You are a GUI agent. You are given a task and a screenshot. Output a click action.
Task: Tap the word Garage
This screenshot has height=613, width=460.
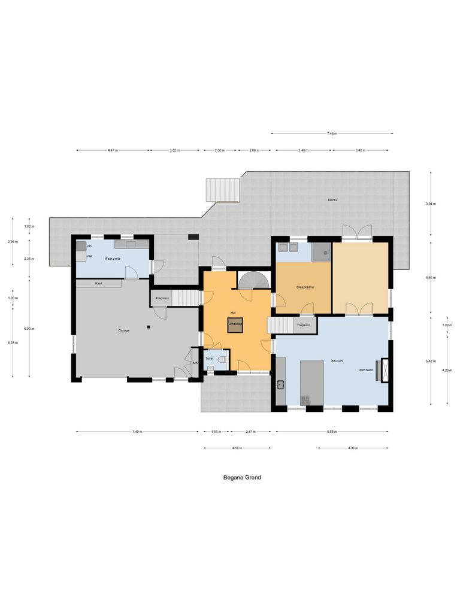pos(124,330)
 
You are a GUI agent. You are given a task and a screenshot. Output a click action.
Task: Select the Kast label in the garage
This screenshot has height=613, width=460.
pos(98,283)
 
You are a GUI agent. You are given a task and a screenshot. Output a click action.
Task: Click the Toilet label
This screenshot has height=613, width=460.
pos(210,359)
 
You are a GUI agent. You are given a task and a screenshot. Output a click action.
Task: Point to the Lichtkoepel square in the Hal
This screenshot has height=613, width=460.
pos(234,325)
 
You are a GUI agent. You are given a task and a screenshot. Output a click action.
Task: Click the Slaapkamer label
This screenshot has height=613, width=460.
pos(305,287)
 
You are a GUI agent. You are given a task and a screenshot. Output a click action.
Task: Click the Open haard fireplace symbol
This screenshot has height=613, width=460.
pos(384,366)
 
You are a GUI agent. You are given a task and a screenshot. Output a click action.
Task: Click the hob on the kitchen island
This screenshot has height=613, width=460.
pos(305,399)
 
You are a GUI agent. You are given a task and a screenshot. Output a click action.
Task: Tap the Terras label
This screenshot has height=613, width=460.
pos(332,199)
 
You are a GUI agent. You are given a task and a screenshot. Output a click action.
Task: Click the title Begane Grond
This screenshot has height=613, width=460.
pos(242,478)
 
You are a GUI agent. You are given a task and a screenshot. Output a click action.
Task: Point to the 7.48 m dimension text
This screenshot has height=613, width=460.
pos(332,133)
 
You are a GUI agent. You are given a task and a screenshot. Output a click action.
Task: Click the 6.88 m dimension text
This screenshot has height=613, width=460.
pos(332,432)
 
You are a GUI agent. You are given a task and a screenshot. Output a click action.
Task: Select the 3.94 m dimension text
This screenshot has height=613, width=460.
pos(431,204)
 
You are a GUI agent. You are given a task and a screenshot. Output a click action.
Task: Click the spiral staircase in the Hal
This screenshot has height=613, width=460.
pos(255,280)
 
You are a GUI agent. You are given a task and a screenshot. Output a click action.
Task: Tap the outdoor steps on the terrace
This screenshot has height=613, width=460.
pos(223,190)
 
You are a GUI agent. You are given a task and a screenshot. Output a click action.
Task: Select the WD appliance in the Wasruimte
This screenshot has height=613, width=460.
pos(81,246)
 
